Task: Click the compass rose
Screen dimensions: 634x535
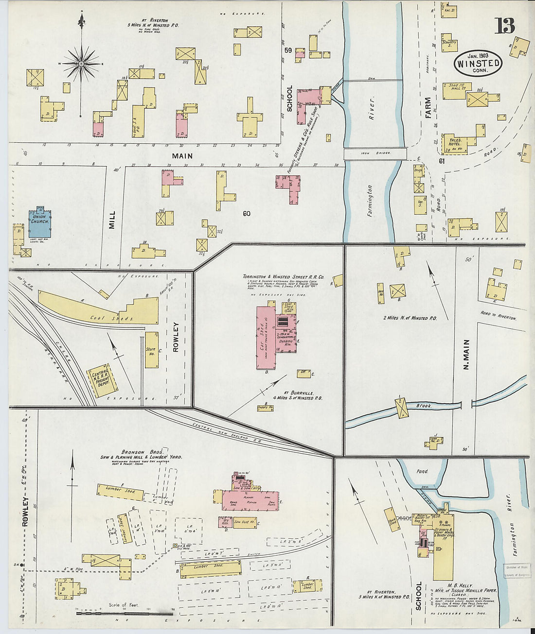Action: [x=81, y=64]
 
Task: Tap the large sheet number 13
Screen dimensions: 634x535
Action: [x=505, y=25]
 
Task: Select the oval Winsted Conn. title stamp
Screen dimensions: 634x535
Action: [x=478, y=62]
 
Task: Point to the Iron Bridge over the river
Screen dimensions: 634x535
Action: [x=375, y=154]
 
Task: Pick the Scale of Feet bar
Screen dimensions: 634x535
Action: [x=125, y=613]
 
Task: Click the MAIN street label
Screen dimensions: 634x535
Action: [x=182, y=156]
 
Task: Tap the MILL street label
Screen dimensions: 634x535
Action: [x=112, y=220]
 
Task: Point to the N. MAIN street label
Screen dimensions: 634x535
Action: [x=465, y=355]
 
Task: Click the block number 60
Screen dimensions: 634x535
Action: [x=247, y=213]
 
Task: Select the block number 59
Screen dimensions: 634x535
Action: [x=288, y=50]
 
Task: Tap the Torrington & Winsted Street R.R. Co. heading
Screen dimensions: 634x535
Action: [x=283, y=276]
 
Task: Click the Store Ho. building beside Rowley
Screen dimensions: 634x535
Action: [x=151, y=349]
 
